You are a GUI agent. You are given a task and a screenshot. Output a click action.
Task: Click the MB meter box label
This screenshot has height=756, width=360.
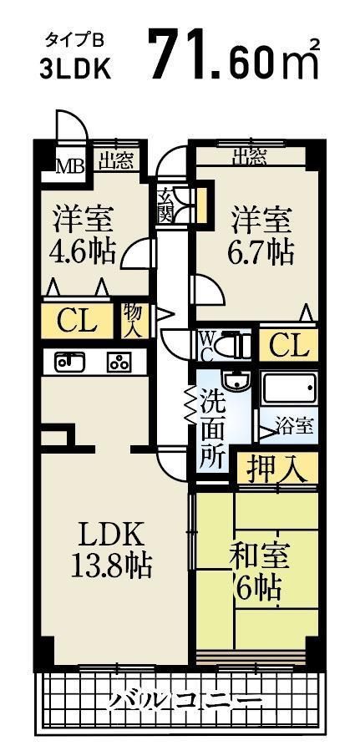(x=69, y=165)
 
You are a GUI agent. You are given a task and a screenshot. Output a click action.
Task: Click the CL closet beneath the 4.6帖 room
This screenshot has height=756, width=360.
(x=77, y=319)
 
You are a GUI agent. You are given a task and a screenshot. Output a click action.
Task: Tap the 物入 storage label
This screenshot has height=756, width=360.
(x=133, y=320)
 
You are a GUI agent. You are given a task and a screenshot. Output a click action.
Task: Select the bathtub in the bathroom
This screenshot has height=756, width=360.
(x=288, y=388)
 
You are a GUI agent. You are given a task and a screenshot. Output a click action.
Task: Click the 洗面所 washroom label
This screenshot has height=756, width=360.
(x=212, y=429)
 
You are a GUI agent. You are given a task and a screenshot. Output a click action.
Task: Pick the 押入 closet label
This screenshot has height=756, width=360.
(x=276, y=469)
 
